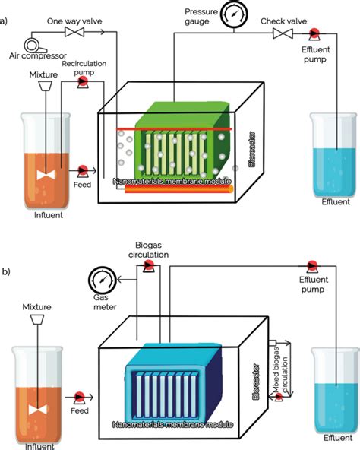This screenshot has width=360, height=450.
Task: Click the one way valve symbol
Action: [74, 33]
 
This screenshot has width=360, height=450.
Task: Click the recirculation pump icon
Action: [83, 85]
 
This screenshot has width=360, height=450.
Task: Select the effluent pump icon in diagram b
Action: [312, 265]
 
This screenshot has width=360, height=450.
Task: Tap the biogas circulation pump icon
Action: [150, 265]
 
